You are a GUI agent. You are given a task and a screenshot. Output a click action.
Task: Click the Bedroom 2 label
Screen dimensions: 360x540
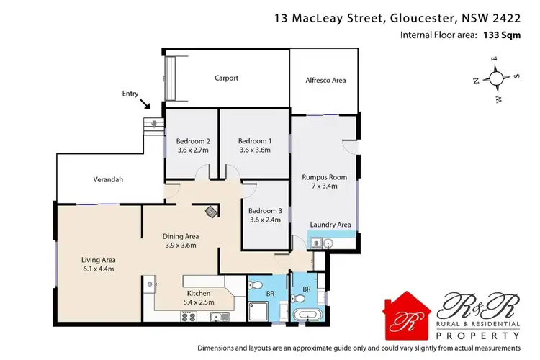pos(193,141)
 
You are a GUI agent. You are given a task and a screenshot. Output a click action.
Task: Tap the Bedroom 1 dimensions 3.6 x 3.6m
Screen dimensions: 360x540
pos(254,150)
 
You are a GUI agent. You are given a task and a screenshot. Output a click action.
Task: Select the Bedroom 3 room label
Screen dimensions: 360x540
pos(264,210)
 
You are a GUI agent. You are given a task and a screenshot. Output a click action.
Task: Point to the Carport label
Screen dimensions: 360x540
pos(227,78)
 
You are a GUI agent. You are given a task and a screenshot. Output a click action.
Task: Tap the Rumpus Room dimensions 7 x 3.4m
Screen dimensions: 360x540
pos(328,186)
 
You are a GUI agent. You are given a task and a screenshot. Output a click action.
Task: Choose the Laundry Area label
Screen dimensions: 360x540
pos(330,225)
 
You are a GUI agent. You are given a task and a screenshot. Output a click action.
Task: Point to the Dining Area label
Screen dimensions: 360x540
pos(181,236)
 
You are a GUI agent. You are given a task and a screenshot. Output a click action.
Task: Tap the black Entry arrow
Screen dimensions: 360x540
pos(147,106)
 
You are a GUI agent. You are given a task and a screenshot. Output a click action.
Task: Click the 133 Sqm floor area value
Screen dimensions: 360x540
pos(501,35)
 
